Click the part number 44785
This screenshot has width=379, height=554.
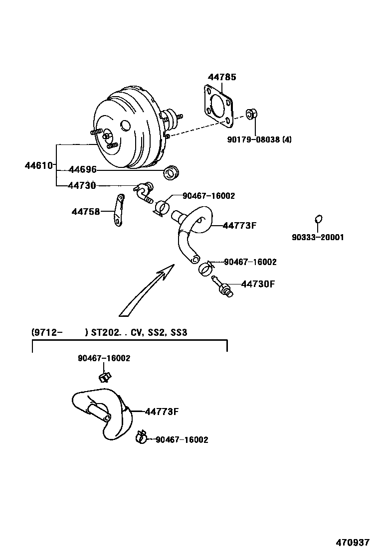[222, 77]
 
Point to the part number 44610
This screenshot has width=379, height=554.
[38, 165]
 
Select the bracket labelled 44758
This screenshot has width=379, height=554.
[118, 210]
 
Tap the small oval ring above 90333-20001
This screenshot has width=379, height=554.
[319, 219]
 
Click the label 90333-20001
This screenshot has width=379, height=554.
[318, 238]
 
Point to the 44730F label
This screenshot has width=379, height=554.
[258, 284]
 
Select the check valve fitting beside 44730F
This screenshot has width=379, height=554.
[222, 286]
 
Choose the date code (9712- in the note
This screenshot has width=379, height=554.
[46, 332]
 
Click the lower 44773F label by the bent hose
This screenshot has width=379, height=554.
[162, 412]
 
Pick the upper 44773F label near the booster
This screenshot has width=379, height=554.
[239, 226]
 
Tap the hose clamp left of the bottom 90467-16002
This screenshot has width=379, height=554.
[141, 437]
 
